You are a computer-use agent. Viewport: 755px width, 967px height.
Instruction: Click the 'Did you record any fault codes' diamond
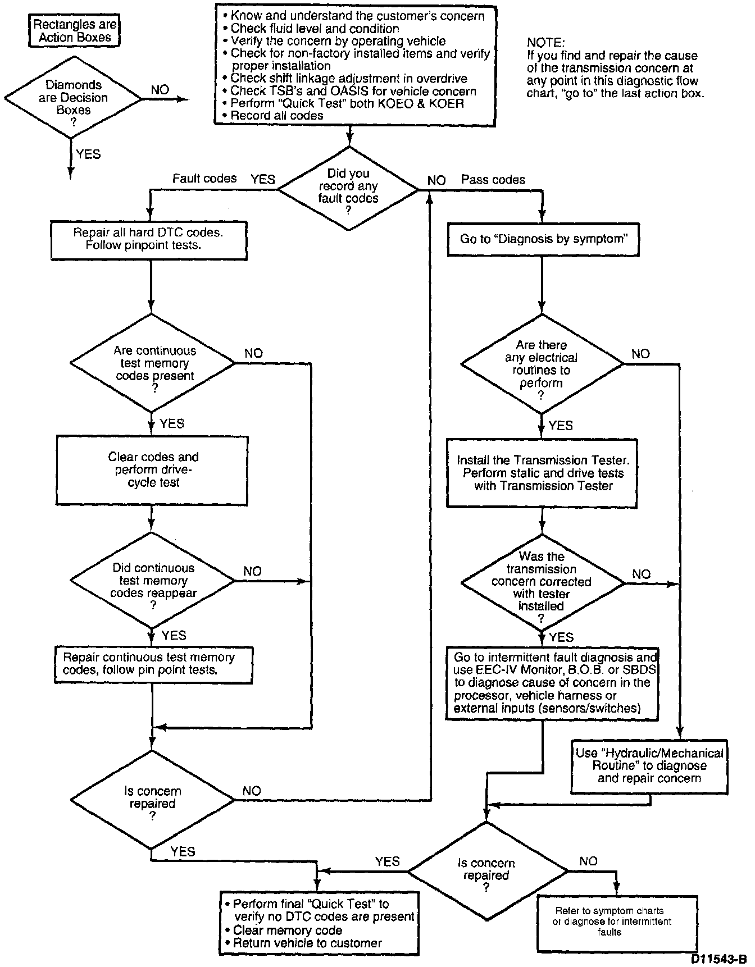(348, 189)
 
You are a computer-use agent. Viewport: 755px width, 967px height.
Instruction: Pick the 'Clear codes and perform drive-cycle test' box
(152, 470)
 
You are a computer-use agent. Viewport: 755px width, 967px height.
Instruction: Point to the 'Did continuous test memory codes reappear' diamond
(153, 581)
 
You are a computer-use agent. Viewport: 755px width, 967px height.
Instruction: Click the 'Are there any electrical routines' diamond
(542, 364)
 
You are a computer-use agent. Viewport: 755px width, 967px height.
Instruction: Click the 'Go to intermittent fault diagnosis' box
(554, 682)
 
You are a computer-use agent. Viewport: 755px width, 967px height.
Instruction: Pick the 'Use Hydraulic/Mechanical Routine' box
(649, 766)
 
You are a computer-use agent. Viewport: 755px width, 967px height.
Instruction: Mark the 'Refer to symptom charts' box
(617, 922)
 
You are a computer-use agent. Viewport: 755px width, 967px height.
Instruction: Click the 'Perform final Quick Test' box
(319, 923)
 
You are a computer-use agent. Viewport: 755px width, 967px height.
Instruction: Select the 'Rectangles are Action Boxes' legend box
(75, 31)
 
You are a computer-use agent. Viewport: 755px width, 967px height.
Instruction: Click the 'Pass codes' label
(493, 180)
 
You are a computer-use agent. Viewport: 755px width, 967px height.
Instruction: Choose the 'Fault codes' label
(204, 179)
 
